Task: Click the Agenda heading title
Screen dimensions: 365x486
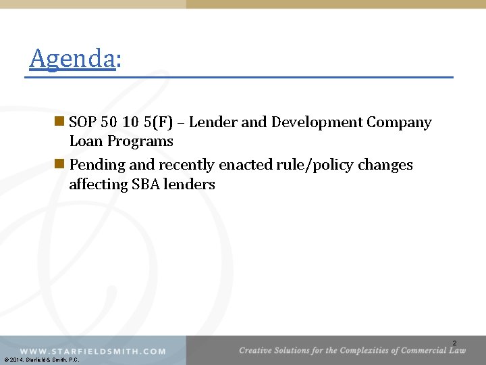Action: click(75, 59)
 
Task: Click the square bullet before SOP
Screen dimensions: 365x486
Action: click(59, 122)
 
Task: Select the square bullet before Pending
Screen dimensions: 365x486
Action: click(59, 165)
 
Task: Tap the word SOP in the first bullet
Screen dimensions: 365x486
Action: click(83, 122)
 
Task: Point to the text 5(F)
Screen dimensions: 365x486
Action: click(167, 122)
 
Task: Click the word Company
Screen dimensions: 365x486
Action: click(399, 122)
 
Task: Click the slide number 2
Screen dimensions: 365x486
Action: click(454, 343)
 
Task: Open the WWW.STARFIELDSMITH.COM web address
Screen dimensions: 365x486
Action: click(92, 351)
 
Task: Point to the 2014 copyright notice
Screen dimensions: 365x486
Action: click(41, 360)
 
